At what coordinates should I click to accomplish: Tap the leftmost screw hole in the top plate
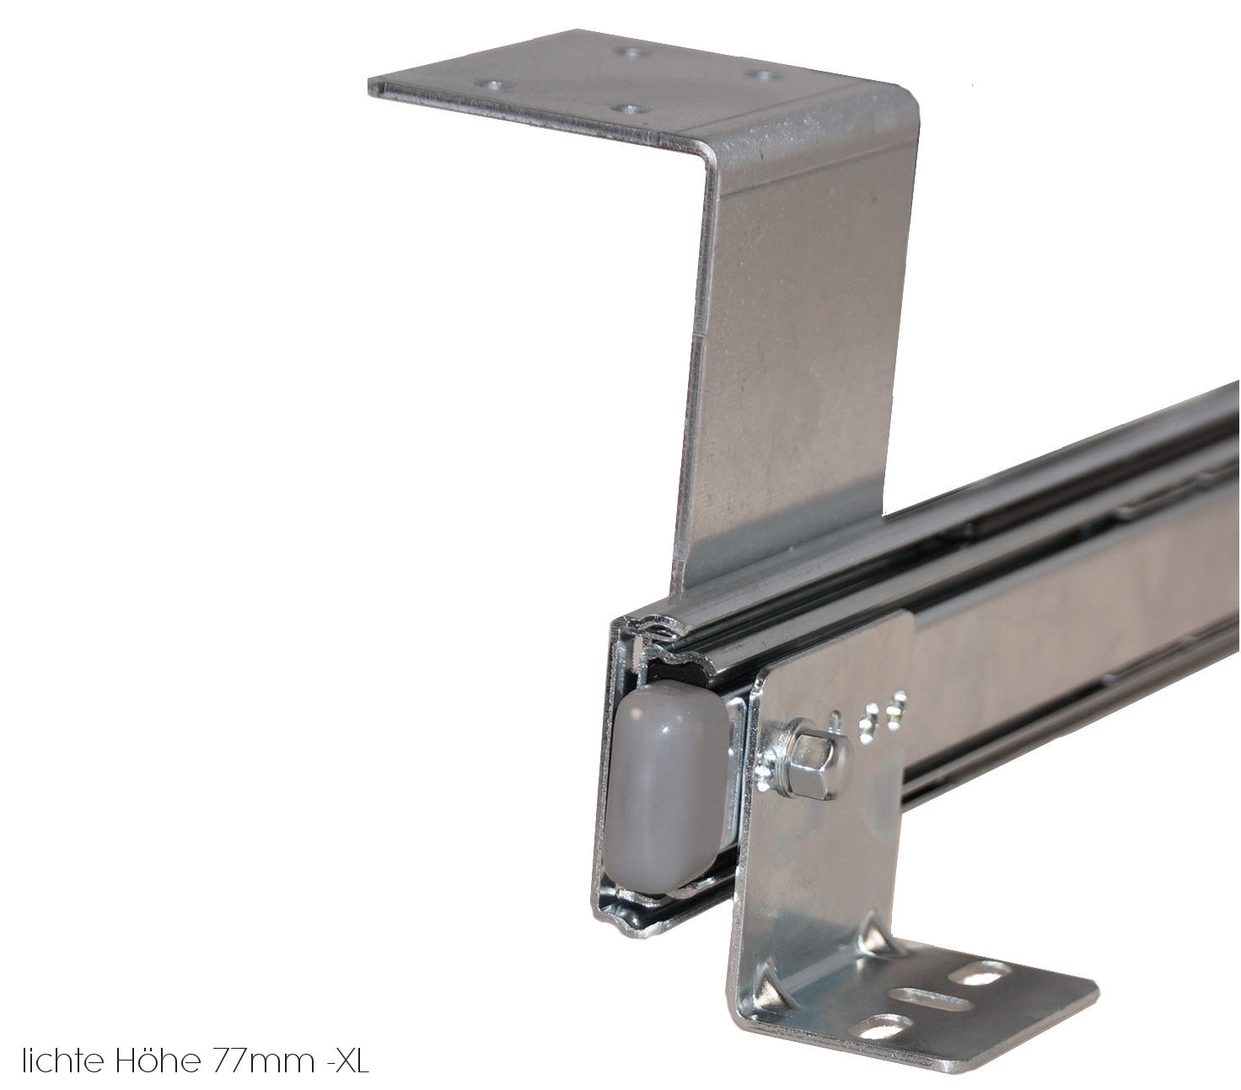(490, 84)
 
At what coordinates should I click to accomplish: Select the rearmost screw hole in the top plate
(629, 51)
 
